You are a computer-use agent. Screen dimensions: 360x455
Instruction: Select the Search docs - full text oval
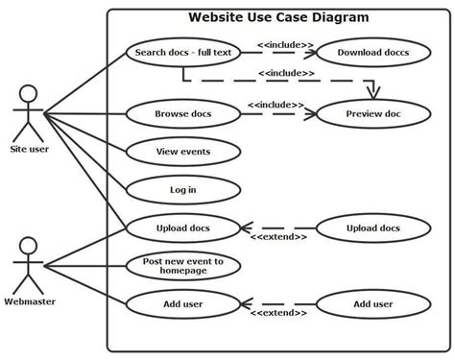[x=182, y=52]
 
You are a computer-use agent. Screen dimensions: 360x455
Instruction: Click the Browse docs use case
[x=182, y=114]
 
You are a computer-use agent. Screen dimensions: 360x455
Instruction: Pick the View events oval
[x=182, y=152]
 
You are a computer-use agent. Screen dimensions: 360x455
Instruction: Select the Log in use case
[x=182, y=189]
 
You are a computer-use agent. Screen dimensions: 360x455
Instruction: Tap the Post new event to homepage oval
[x=182, y=266]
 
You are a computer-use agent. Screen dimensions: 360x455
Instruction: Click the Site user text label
[x=29, y=149]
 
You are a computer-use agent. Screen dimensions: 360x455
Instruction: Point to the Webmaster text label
[x=29, y=301]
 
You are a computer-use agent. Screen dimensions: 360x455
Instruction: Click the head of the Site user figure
[x=29, y=94]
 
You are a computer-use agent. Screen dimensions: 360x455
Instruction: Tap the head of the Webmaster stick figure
[x=29, y=246]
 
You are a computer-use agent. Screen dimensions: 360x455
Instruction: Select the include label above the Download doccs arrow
[x=285, y=41]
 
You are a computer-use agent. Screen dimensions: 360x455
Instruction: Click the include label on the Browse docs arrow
[x=276, y=104]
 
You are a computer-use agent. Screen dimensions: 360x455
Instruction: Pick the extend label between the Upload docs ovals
[x=278, y=238]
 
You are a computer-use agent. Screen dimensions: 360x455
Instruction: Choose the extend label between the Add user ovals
[x=278, y=314]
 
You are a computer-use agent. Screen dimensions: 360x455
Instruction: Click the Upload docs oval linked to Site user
[x=182, y=228]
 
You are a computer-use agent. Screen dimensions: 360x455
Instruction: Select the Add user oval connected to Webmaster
[x=182, y=304]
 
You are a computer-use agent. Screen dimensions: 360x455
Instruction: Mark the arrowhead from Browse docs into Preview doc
[x=311, y=114]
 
